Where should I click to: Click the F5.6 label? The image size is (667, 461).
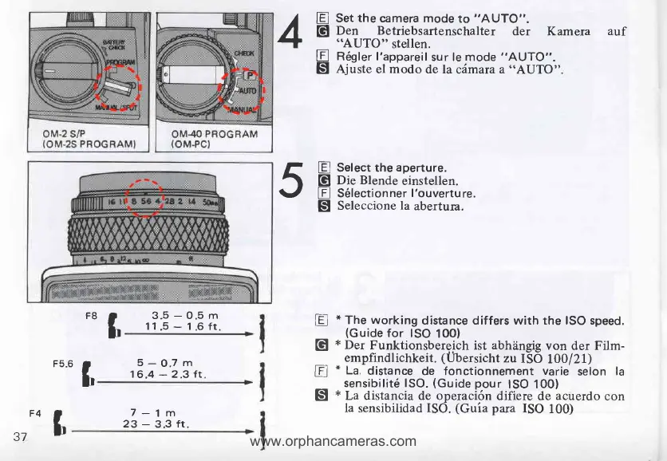click(x=63, y=363)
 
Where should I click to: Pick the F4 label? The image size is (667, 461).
click(x=34, y=414)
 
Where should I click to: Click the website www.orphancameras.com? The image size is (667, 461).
click(x=333, y=440)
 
